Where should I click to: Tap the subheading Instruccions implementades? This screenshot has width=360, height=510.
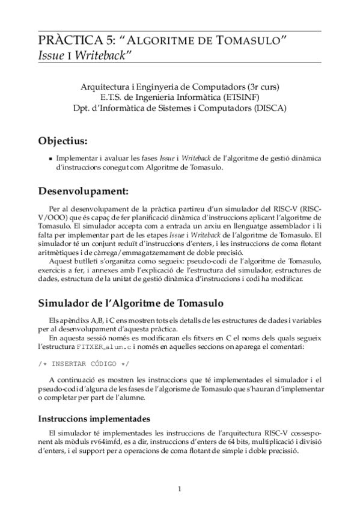94,419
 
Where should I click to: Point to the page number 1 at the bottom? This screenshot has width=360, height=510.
180,488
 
